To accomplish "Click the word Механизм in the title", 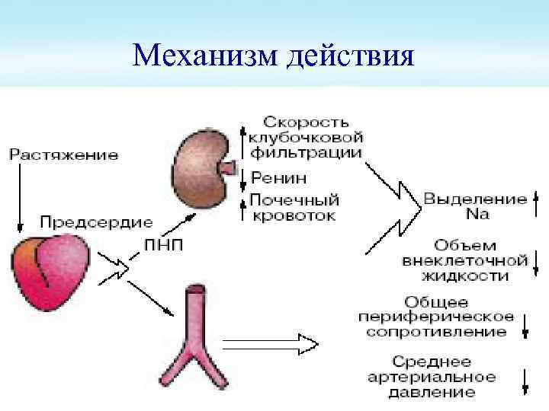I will [205, 56].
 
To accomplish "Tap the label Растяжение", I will [64, 155].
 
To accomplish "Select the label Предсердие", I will [96, 223].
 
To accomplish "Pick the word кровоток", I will [293, 216].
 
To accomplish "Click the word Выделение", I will [475, 200].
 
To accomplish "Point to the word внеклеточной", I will [466, 261].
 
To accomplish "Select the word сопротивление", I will [438, 333].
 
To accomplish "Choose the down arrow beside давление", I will [525, 381].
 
